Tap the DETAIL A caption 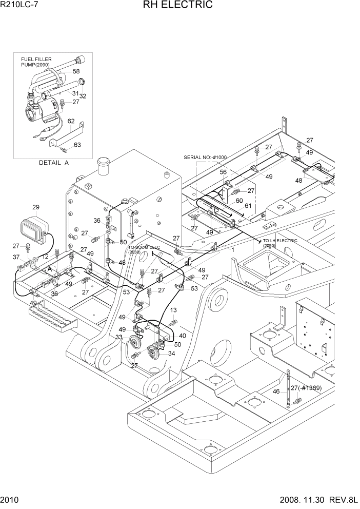[53, 163]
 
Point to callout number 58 [76, 71]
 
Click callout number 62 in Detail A [71, 121]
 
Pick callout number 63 [77, 145]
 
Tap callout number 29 [36, 207]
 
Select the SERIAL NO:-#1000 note [205, 158]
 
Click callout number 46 [276, 391]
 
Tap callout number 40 [183, 336]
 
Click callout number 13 [173, 310]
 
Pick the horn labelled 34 [152, 354]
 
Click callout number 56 [224, 172]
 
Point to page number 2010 [10, 500]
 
